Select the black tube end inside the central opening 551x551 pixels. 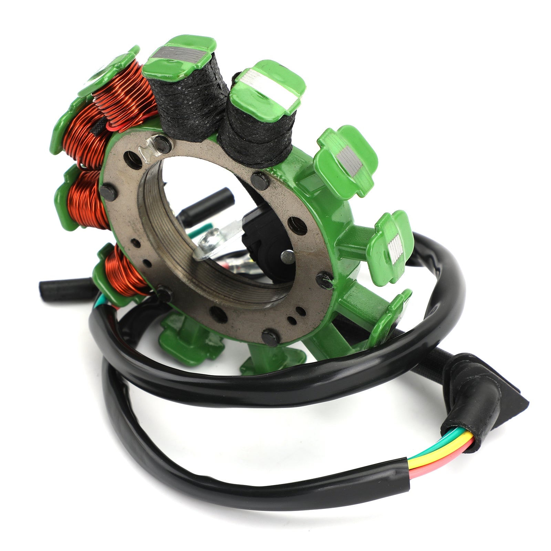(214, 200)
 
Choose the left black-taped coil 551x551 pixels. (191, 103)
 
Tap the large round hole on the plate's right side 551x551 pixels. (298, 226)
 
